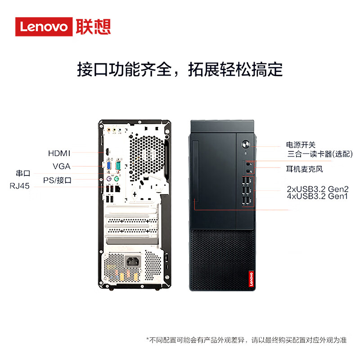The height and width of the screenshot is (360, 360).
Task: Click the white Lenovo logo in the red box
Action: pos(44,27)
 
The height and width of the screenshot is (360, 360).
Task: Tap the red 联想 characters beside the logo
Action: pos(93,27)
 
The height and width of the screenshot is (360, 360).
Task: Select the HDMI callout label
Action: pos(59,153)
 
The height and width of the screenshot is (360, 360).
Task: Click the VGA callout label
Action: pos(61,166)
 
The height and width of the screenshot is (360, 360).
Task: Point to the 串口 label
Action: pos(23,173)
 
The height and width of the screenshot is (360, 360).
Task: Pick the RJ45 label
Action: pos(20,186)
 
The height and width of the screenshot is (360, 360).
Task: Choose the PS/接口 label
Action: pos(57,180)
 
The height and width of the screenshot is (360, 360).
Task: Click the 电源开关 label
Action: pos(301,145)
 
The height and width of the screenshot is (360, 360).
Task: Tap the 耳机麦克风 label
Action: pos(305,169)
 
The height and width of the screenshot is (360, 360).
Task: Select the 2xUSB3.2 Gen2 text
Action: pos(318,189)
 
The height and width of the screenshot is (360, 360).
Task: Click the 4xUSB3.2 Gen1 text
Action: pos(317,196)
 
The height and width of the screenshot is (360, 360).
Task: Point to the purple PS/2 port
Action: pos(109,179)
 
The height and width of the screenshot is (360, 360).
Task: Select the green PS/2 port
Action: pos(117,178)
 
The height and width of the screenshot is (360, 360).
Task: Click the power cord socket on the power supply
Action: pos(133,261)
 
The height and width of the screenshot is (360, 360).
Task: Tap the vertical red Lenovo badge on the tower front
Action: pos(251,279)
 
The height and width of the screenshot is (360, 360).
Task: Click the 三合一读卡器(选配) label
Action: pos(320,154)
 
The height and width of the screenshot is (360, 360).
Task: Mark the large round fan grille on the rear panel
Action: pos(147,157)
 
